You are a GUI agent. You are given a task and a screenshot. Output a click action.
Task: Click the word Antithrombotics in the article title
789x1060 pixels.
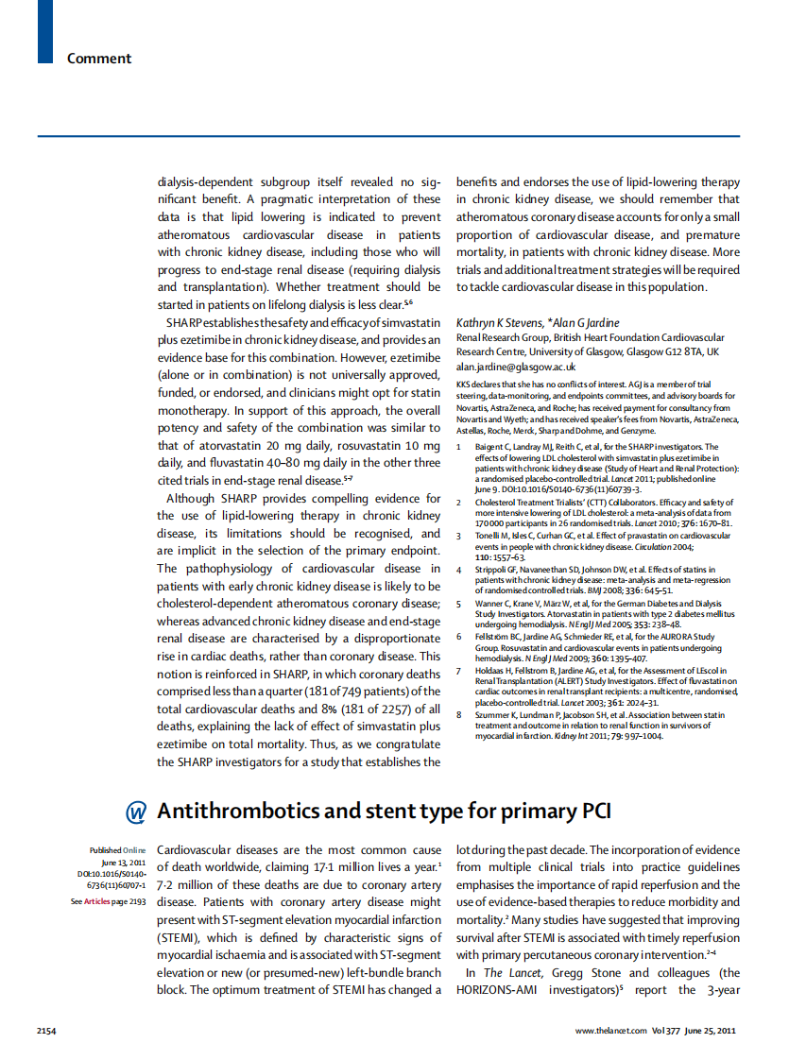[249, 812]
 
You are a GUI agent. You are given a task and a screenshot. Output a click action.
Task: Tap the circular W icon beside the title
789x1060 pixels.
[136, 812]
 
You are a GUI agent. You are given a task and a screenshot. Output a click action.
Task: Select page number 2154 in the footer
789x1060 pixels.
[48, 1031]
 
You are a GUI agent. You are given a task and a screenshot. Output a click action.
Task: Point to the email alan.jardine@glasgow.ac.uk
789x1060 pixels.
[516, 366]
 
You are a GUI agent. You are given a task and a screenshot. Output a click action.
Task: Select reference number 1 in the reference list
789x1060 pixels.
[459, 447]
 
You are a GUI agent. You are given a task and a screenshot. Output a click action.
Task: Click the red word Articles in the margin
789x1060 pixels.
[96, 902]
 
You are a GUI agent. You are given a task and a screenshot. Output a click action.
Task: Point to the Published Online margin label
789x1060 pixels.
[118, 850]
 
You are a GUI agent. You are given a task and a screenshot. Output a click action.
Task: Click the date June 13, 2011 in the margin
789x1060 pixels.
[123, 863]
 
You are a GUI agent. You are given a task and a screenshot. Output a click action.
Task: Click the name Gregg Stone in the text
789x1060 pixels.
[569, 972]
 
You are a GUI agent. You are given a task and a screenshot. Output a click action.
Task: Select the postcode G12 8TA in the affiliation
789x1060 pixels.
[678, 351]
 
